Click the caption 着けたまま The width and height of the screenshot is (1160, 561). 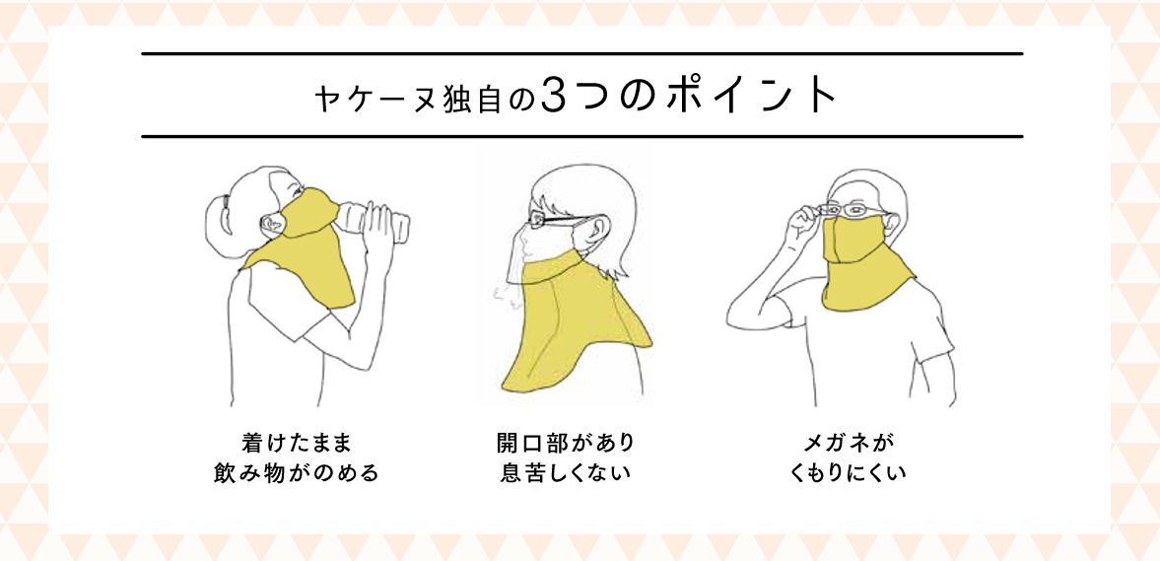(295, 444)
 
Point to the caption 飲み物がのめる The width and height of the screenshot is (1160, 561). (295, 471)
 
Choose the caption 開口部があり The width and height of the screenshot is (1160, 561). (565, 444)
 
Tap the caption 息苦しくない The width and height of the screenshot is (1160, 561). (565, 471)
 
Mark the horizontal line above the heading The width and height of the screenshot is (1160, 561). (581, 54)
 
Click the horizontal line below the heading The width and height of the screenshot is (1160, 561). (581, 137)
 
